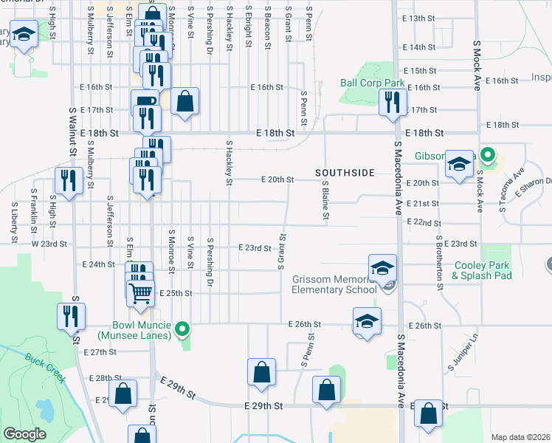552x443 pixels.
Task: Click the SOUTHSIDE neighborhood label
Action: (x=345, y=173)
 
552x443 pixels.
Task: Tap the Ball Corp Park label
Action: (x=373, y=83)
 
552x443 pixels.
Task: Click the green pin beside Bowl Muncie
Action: (x=185, y=328)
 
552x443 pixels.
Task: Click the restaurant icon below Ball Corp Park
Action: (x=393, y=103)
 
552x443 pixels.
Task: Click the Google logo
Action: (x=24, y=434)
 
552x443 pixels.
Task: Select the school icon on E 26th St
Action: (x=366, y=322)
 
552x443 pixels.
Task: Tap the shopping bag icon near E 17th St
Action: (x=185, y=102)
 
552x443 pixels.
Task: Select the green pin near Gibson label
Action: (x=486, y=155)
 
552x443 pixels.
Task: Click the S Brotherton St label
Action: (x=438, y=261)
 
